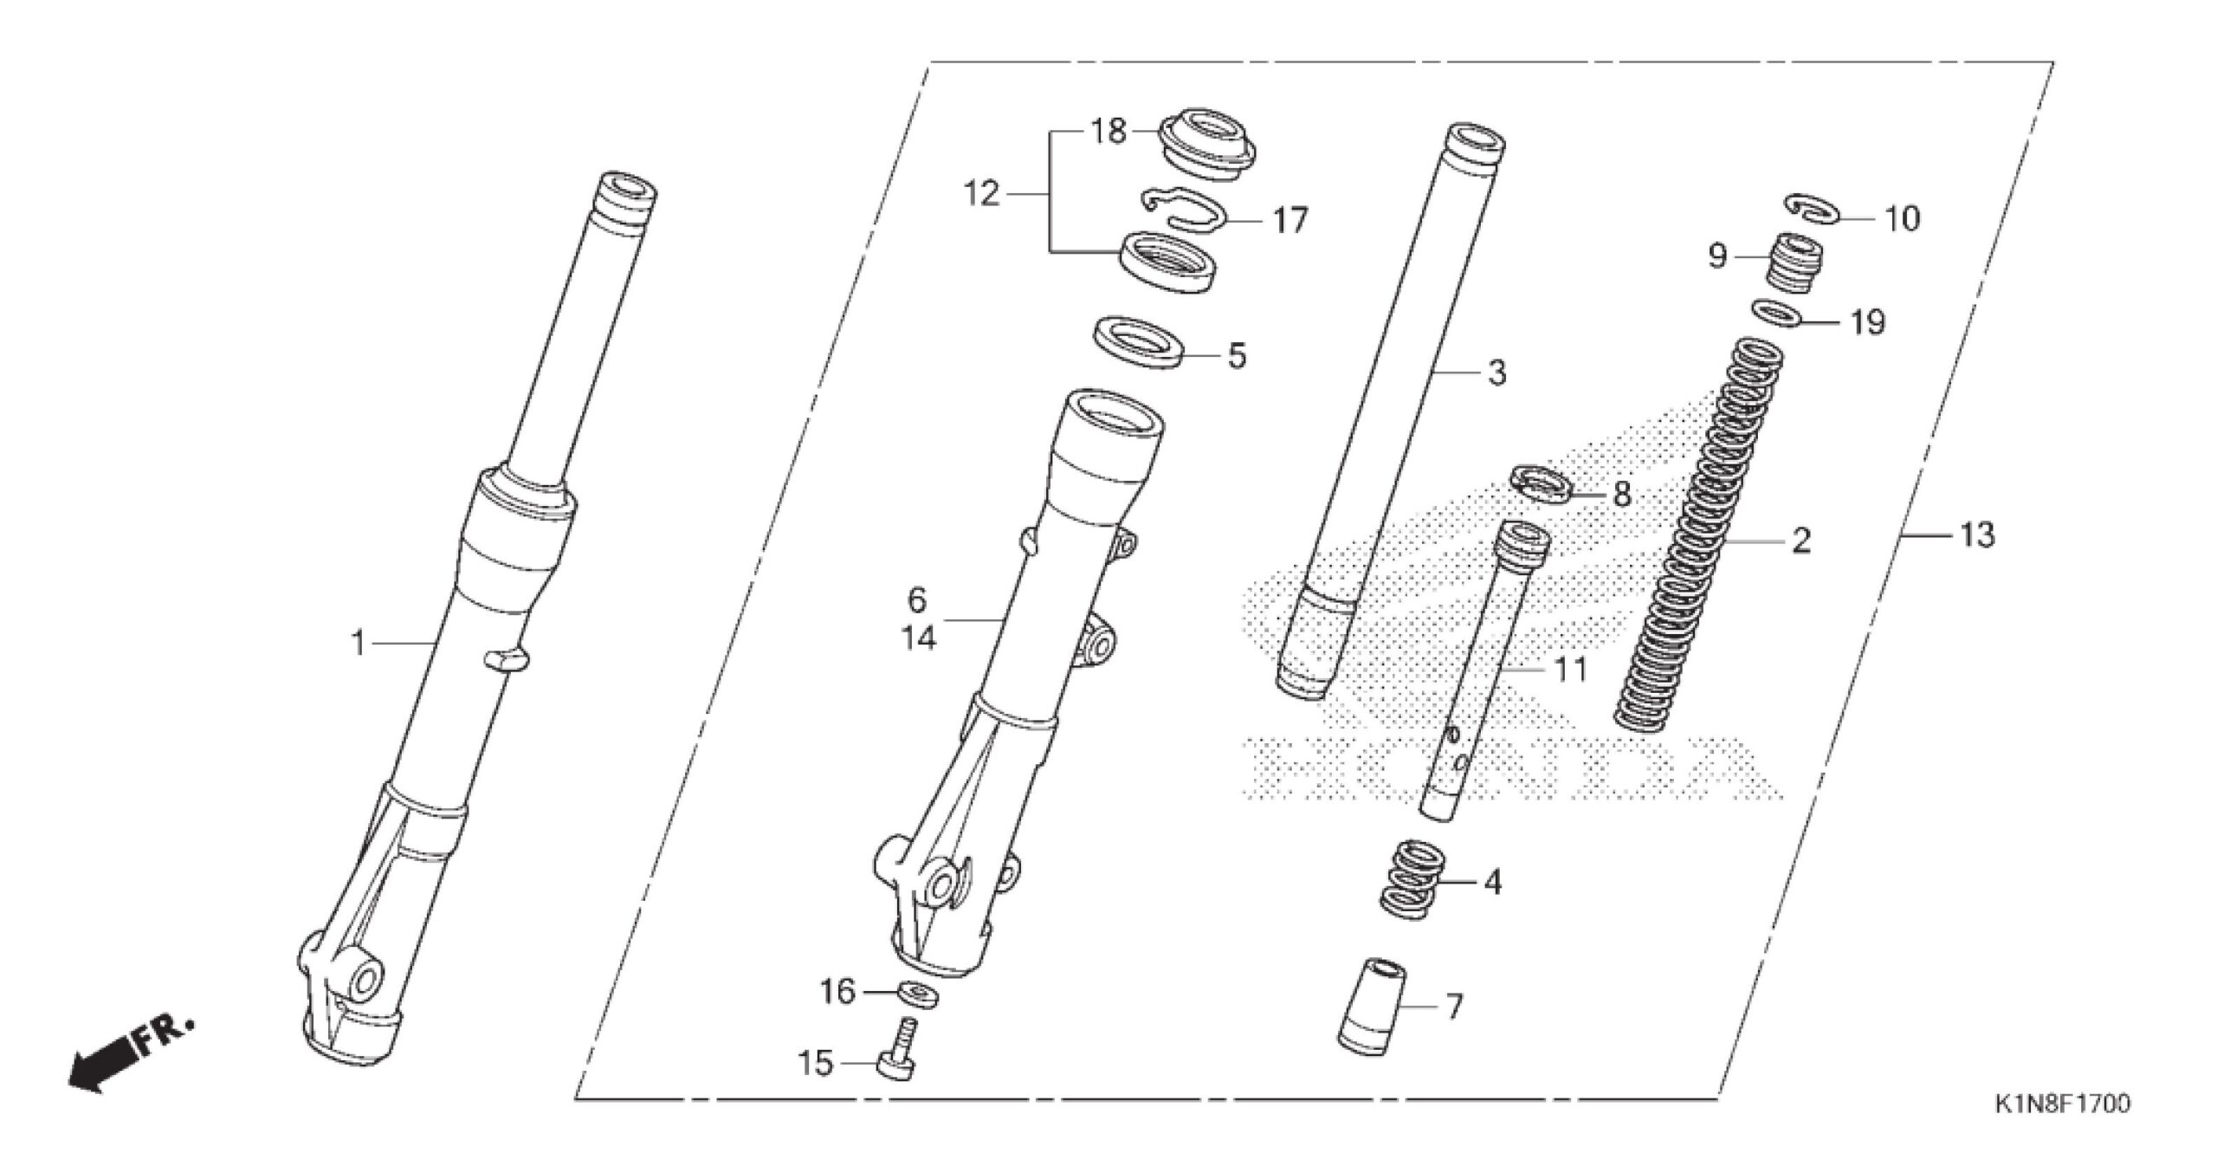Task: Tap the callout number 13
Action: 1977,535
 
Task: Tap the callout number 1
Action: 357,645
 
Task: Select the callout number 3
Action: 1496,372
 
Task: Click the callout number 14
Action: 918,638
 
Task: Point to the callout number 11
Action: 1569,670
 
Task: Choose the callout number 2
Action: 1801,541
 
